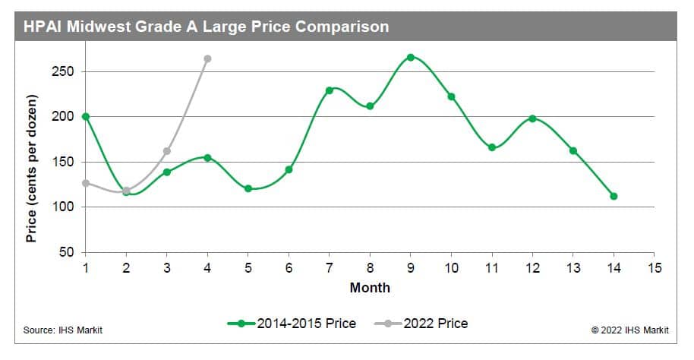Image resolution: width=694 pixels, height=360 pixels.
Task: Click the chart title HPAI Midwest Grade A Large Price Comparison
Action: [206, 27]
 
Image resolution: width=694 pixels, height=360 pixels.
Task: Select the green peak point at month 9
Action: [411, 57]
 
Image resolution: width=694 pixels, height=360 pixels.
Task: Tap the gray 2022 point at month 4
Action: [207, 58]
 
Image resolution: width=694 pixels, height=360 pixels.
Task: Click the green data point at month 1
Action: [85, 116]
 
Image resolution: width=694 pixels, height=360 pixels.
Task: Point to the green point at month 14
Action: [614, 196]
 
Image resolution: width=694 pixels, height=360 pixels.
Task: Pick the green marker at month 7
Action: [330, 90]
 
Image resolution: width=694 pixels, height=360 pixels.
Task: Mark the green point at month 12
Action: [532, 118]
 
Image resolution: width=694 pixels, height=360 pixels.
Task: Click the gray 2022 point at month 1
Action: [86, 183]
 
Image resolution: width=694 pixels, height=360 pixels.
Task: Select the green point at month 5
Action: [248, 188]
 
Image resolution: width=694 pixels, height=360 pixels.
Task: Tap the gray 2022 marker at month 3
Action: [166, 150]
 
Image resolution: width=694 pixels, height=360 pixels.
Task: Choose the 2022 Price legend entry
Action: [421, 324]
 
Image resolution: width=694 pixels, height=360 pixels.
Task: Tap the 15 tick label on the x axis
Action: [655, 268]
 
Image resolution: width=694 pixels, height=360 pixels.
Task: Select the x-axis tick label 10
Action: [451, 268]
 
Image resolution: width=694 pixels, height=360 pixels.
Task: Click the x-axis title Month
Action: [370, 288]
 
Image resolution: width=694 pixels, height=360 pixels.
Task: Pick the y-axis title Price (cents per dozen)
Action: [32, 169]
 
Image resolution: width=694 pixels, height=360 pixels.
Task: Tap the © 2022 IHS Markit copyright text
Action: [632, 330]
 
